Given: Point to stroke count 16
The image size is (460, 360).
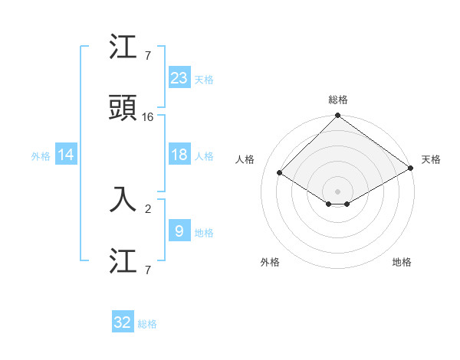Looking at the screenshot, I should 148,116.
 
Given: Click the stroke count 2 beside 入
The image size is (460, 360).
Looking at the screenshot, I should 148,208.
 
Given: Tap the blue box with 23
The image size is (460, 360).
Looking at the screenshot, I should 179,77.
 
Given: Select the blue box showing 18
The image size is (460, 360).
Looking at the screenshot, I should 179,155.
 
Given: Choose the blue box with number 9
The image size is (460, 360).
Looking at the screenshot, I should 179,231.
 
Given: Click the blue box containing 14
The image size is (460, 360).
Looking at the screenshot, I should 66,155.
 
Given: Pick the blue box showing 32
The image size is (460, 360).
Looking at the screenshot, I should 123,322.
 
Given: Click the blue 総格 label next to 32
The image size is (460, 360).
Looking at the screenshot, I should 147,324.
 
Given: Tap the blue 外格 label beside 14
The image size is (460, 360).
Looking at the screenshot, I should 41,155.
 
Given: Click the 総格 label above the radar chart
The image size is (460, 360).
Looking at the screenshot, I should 338,100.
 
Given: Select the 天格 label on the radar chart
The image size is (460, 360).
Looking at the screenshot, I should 431,159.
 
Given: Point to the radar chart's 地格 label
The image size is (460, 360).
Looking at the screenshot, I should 402,262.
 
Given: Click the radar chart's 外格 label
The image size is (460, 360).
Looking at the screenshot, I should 270,262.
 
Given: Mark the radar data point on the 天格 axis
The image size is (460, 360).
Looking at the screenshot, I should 411,169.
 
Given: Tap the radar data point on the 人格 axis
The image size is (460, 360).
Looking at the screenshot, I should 280,173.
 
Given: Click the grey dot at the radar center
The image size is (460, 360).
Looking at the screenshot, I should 338,191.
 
